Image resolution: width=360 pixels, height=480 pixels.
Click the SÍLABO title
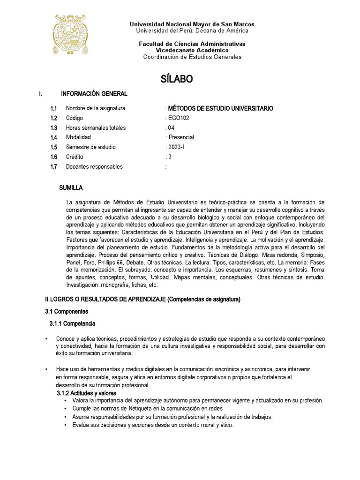click(x=177, y=79)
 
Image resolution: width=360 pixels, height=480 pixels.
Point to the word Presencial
click(x=181, y=137)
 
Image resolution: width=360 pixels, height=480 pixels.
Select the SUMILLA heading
click(x=71, y=187)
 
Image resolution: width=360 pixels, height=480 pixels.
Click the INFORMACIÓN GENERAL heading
click(x=94, y=94)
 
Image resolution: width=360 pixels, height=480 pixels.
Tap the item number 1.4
click(x=54, y=137)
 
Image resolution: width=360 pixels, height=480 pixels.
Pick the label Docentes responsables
click(x=94, y=166)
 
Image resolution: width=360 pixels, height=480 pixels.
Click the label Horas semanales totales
click(x=96, y=128)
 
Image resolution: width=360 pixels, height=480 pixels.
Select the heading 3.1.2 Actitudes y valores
click(x=86, y=393)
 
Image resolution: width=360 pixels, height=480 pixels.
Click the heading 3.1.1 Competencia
click(x=73, y=323)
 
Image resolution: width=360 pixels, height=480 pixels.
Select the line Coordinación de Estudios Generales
click(x=192, y=57)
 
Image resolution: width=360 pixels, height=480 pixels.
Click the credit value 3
click(x=170, y=157)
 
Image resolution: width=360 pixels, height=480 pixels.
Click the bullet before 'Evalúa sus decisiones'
click(x=65, y=425)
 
